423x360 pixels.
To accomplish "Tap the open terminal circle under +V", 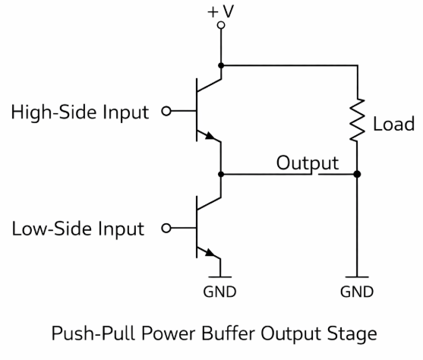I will [x=221, y=25].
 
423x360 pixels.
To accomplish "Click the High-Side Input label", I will [x=80, y=113].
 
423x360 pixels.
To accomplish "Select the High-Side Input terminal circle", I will [x=166, y=113].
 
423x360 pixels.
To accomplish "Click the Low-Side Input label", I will [x=77, y=228].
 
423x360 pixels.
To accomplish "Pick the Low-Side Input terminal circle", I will [x=166, y=228].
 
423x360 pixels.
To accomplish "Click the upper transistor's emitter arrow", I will [x=210, y=137].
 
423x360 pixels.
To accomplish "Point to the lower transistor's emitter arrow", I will [x=210, y=252].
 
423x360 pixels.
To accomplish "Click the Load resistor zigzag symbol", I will [x=358, y=122].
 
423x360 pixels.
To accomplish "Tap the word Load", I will [x=393, y=124].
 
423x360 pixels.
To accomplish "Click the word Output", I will [x=307, y=163].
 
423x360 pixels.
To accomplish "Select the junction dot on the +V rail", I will [x=221, y=65].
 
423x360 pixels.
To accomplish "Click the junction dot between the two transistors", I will [x=221, y=174].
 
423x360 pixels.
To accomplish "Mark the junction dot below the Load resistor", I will [x=358, y=174].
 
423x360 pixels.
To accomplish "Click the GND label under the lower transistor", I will [x=221, y=292].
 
